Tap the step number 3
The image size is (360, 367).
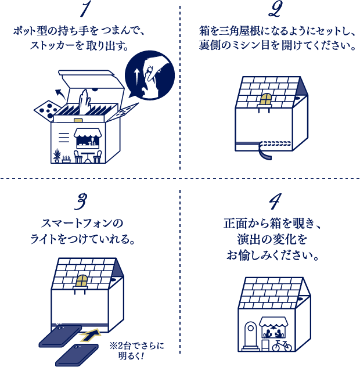pyautogui.click(x=82, y=201)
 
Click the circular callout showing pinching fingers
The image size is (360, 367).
pyautogui.click(x=150, y=75)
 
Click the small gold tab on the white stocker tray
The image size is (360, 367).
pyautogui.click(x=78, y=120)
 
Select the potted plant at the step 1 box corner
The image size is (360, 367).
pyautogui.click(x=57, y=156)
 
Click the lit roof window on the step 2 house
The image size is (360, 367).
pyautogui.click(x=265, y=99)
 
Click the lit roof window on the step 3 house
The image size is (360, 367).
pyautogui.click(x=82, y=280)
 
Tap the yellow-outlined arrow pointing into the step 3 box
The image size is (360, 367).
pyautogui.click(x=90, y=334)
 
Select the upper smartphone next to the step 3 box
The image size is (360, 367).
pyautogui.click(x=60, y=336)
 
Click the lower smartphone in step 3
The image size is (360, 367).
pyautogui.click(x=77, y=354)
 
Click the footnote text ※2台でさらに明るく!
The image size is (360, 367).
pyautogui.click(x=136, y=350)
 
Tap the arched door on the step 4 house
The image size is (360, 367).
pyautogui.click(x=250, y=334)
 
